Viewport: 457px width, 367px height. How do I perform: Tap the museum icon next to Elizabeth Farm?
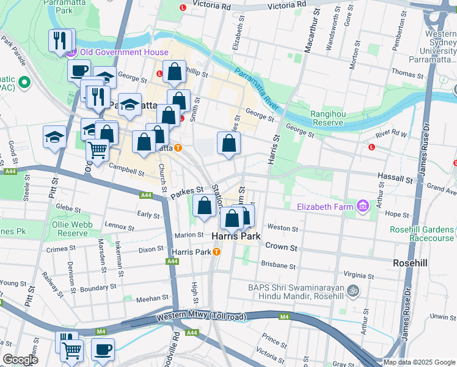click(364, 207)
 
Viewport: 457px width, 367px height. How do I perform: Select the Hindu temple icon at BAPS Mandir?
click(352, 291)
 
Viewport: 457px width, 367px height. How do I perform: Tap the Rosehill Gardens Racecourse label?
click(423, 234)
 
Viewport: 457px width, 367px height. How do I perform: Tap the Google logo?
click(20, 360)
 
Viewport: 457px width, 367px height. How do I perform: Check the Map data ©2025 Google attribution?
click(419, 362)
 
